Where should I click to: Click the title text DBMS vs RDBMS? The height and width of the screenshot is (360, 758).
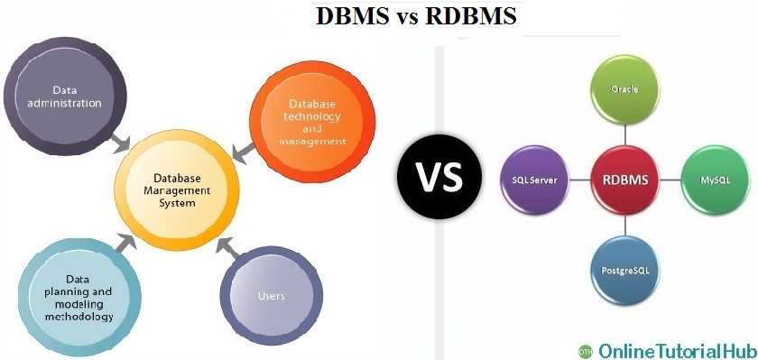point(417,16)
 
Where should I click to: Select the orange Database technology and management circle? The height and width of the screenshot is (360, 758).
point(311,124)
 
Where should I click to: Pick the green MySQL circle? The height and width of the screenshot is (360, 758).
point(715,180)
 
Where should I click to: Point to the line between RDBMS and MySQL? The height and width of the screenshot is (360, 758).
point(670,180)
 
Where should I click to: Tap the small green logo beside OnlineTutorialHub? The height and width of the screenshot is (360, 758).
point(585,348)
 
